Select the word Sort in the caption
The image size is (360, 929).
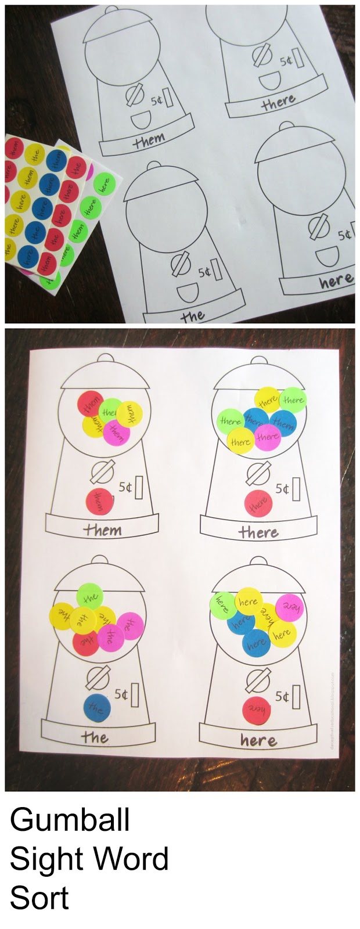(x=39, y=897)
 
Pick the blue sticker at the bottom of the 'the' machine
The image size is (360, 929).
(x=97, y=708)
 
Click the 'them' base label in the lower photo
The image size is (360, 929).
(x=102, y=530)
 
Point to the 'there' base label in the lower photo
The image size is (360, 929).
(x=258, y=532)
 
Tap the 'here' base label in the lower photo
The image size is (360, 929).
(x=258, y=740)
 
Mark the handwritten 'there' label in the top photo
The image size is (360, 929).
(x=278, y=103)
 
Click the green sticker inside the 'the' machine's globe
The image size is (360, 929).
(x=89, y=596)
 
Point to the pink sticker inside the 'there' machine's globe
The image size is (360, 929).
(x=267, y=437)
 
